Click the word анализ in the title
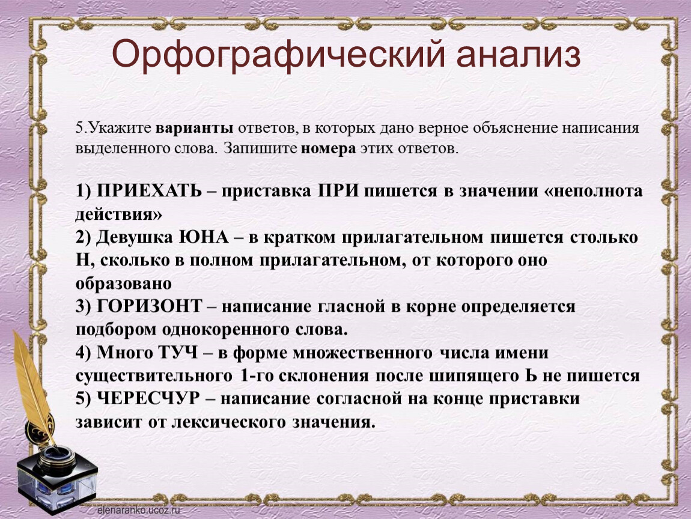[x=518, y=54]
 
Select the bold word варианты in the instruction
[x=195, y=128]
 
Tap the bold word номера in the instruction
[x=328, y=148]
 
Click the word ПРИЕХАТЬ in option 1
[x=150, y=191]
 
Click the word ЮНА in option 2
[x=204, y=237]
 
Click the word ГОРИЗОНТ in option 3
[x=149, y=306]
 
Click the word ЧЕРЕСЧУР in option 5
[x=148, y=398]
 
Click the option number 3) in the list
[x=83, y=306]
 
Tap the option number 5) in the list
[x=83, y=399]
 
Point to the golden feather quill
[x=33, y=387]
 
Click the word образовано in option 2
[x=123, y=284]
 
